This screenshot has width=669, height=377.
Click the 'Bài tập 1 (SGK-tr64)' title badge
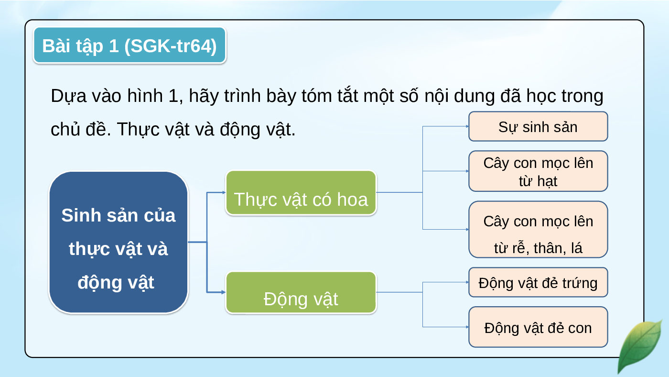click(x=129, y=45)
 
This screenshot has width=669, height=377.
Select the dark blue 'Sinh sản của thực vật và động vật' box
click(x=119, y=242)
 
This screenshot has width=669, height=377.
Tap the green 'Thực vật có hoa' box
click(x=301, y=193)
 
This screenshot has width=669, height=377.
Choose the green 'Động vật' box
click(x=301, y=292)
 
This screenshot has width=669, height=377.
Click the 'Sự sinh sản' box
click(x=538, y=126)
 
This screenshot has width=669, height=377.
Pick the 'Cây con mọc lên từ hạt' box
click(x=538, y=171)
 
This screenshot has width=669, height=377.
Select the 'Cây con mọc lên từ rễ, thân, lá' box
click(x=538, y=229)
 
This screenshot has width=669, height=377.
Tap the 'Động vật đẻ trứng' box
click(x=538, y=282)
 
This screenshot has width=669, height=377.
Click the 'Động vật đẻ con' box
click(x=538, y=327)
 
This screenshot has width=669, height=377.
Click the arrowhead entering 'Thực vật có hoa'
click(x=224, y=192)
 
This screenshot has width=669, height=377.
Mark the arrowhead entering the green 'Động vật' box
click(x=224, y=292)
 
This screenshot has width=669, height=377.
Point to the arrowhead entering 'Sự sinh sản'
click(x=467, y=126)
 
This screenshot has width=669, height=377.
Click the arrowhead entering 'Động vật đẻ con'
click(x=467, y=327)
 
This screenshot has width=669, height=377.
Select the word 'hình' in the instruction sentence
click(x=145, y=96)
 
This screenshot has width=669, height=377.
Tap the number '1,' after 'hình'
click(x=176, y=96)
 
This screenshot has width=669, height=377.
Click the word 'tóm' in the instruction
click(x=316, y=96)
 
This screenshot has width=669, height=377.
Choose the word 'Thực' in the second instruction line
click(x=138, y=130)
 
